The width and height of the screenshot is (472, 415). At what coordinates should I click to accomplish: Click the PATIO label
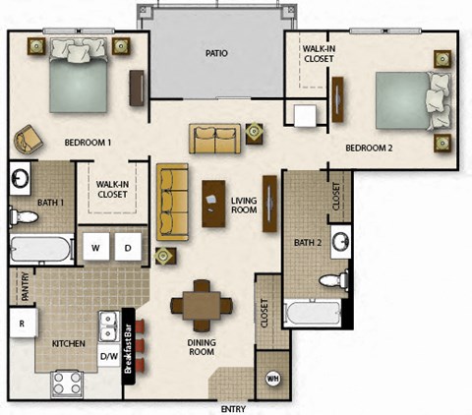217,53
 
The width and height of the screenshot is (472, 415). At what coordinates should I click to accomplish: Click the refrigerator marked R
20,322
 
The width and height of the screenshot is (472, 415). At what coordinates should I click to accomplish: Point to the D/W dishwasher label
109,355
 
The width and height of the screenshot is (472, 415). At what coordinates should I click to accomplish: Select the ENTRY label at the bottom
233,408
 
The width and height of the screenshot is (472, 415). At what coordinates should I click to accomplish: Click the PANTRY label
23,286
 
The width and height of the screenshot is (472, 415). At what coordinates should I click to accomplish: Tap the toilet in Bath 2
337,278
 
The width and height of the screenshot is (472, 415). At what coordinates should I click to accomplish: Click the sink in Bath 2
339,240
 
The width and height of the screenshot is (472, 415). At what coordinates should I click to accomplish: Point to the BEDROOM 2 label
370,148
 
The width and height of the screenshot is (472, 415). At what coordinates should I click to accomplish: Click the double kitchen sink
108,324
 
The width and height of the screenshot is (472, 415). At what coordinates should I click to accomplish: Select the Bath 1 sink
21,179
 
